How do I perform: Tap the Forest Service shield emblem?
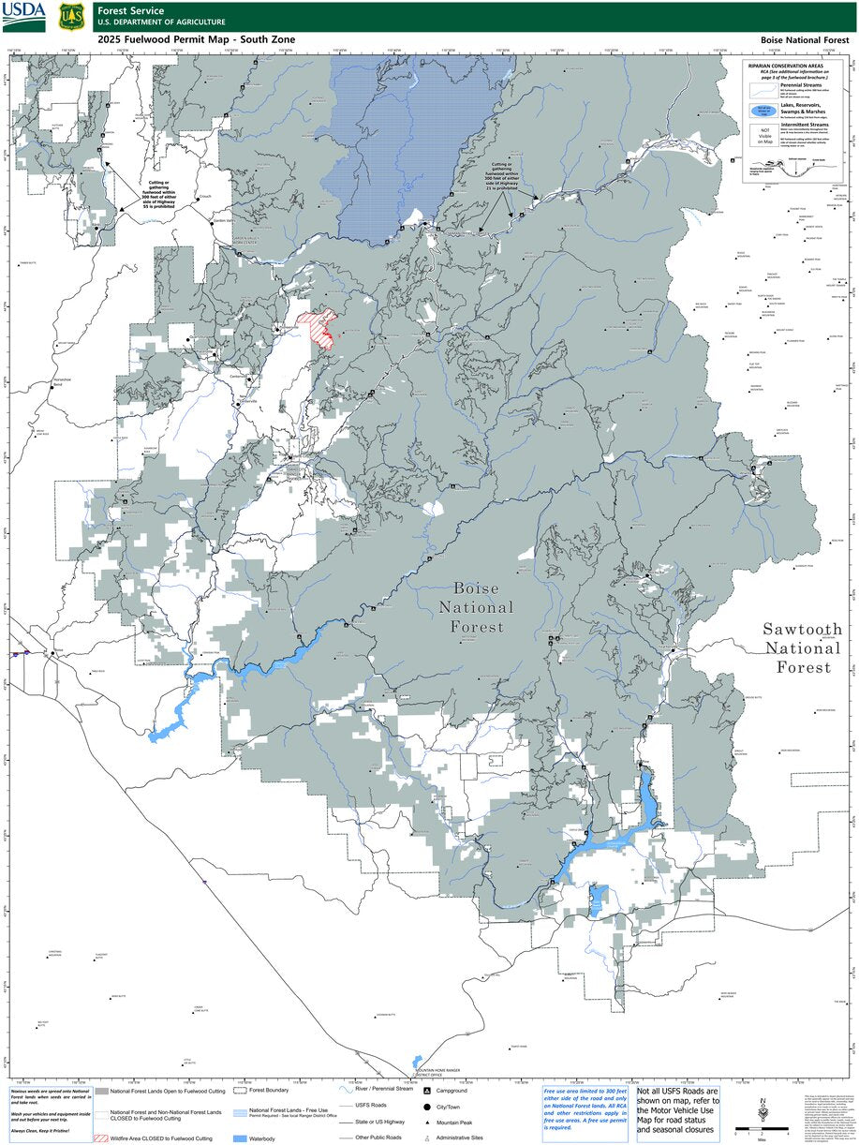(68, 16)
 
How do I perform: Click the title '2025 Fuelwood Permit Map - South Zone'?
(196, 39)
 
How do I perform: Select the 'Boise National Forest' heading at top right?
(803, 40)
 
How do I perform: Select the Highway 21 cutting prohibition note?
(507, 174)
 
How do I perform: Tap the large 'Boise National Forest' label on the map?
(476, 607)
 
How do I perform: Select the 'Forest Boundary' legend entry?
(268, 1091)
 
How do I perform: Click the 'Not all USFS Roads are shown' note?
(677, 1110)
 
